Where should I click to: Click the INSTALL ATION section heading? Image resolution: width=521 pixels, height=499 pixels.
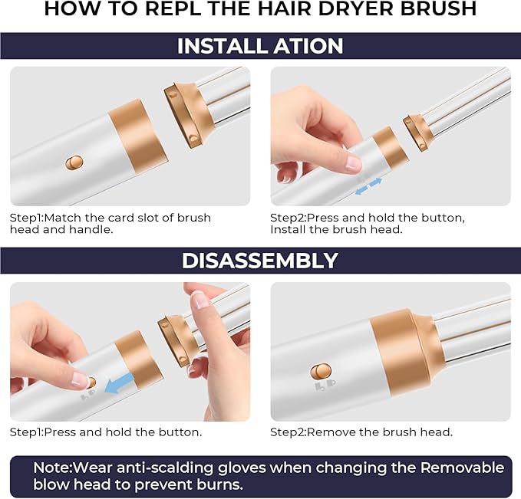(260, 46)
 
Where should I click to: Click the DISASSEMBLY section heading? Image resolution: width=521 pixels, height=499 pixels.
(260, 261)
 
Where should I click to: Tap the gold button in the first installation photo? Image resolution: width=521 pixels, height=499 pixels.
(74, 163)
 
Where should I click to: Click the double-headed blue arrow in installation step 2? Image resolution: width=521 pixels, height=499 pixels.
(368, 185)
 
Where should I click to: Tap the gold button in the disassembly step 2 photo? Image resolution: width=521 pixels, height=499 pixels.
(321, 372)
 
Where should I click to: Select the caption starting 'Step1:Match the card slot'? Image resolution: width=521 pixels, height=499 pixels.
(110, 224)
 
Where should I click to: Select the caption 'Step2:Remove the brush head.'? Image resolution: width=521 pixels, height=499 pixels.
(361, 432)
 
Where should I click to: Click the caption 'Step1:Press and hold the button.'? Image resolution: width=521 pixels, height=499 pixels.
(105, 432)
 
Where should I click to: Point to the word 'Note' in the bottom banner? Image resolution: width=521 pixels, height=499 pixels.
(50, 468)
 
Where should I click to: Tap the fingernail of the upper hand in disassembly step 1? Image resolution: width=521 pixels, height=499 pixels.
(200, 300)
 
